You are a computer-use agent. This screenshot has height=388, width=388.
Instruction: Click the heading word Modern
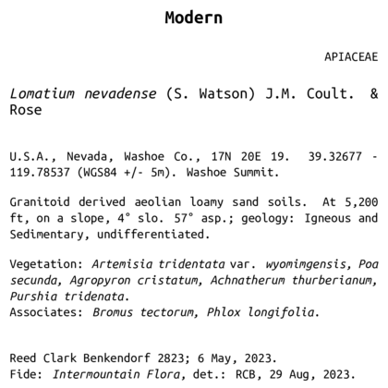[193, 18]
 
